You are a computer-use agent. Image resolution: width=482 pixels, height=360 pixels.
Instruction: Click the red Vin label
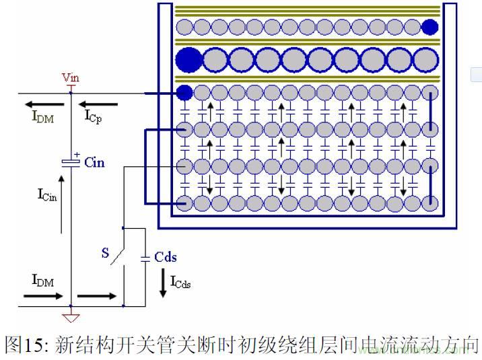click(70, 78)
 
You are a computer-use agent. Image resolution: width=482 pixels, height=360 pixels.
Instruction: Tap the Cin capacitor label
click(94, 163)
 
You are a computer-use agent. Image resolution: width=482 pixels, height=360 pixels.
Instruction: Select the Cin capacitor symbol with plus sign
click(70, 162)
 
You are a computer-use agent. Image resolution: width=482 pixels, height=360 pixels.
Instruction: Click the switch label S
click(105, 253)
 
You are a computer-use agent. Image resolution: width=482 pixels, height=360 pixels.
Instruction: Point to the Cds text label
click(166, 258)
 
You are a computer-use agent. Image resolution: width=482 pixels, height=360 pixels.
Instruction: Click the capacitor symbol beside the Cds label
click(145, 258)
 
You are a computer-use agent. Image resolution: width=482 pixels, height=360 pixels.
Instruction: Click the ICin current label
click(47, 194)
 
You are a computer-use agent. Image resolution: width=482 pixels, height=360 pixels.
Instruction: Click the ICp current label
click(95, 116)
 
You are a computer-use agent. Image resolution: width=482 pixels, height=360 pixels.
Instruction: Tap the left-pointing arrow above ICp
click(98, 104)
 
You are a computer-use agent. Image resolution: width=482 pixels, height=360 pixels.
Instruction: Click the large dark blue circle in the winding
click(188, 60)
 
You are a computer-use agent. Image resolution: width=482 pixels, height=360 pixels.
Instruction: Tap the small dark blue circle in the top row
click(429, 27)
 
